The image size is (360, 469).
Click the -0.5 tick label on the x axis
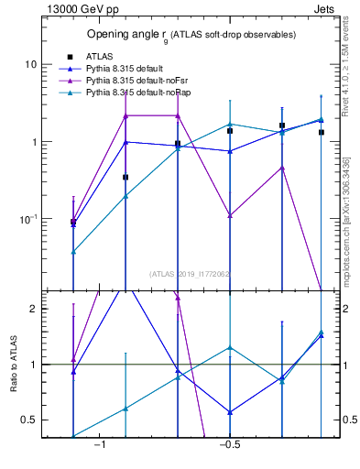coord(228,445)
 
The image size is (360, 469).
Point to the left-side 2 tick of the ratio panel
coord(34,309)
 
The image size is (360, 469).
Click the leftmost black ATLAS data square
coord(73,222)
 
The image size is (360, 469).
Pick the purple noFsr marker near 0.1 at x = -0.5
coord(230,215)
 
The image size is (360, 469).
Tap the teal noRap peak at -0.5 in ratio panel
coord(230,347)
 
